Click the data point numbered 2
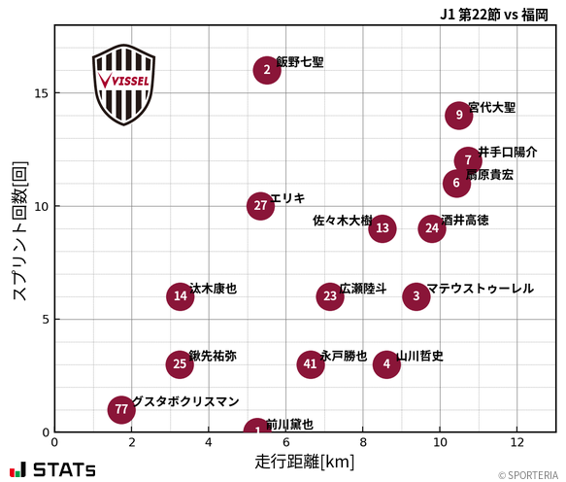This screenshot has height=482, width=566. (267, 70)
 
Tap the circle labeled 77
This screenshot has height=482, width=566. (121, 410)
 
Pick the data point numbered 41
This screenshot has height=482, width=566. (311, 364)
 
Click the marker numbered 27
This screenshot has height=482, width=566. (260, 206)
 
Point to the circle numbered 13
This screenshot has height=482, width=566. (383, 229)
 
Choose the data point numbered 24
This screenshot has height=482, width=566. (432, 228)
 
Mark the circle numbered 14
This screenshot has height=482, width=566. (180, 296)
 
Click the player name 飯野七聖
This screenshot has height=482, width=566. (300, 62)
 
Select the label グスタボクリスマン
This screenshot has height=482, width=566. (185, 401)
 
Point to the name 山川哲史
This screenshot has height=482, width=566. (420, 357)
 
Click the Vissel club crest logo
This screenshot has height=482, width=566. (123, 84)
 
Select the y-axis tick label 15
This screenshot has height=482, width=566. (40, 93)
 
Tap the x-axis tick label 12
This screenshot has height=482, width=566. (516, 442)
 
